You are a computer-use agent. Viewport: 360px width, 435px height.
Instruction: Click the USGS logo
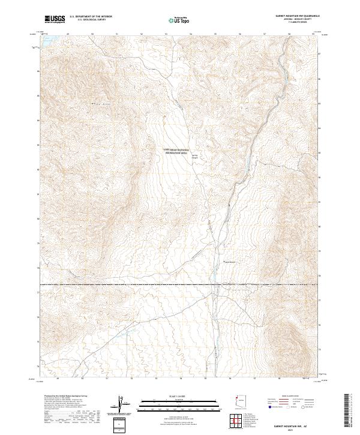coord(55,19)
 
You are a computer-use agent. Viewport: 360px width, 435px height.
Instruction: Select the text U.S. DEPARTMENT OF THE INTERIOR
coord(91,17)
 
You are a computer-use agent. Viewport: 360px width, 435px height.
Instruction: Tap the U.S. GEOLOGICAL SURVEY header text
coord(91,20)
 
